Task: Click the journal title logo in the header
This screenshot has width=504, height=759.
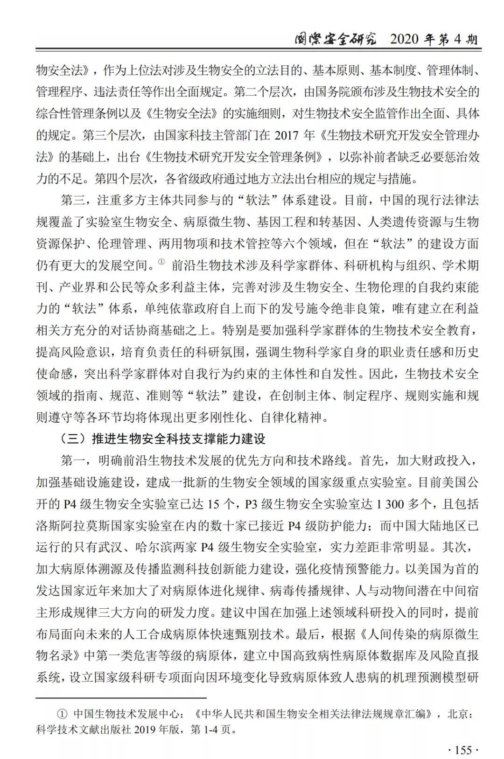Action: [x=335, y=39]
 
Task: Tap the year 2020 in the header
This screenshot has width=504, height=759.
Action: [x=405, y=40]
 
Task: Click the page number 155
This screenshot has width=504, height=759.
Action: [x=463, y=750]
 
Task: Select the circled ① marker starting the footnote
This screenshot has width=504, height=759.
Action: [x=62, y=714]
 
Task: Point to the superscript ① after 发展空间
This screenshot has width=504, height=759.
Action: [x=161, y=262]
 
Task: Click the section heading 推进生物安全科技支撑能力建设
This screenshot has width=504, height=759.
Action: [x=178, y=439]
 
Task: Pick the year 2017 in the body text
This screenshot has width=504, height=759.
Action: [x=287, y=135]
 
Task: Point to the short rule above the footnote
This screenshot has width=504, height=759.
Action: [x=121, y=698]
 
